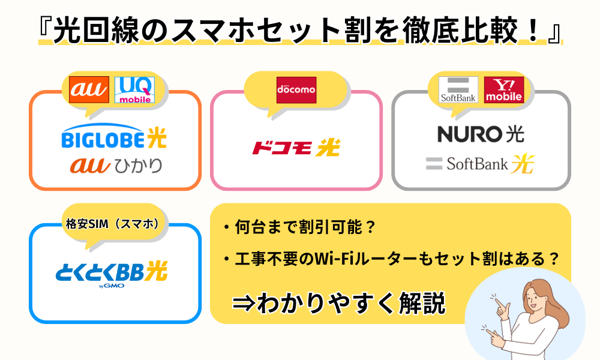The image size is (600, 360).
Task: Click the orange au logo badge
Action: click(89, 89)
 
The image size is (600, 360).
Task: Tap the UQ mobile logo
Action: click(134, 89)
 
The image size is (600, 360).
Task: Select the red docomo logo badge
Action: click(296, 90)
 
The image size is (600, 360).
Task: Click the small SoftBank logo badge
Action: click(458, 89)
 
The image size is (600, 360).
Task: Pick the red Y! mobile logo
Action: click(504, 89)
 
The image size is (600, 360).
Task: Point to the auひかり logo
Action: click(116, 165)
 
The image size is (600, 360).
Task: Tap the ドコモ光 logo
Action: click(296, 148)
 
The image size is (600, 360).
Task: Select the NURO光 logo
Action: click(481, 134)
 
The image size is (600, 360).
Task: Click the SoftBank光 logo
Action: click(480, 164)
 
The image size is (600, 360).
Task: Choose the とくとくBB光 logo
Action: click(112, 274)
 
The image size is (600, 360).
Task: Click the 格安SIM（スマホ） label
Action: click(113, 224)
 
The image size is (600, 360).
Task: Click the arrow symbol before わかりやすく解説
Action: click(244, 303)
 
